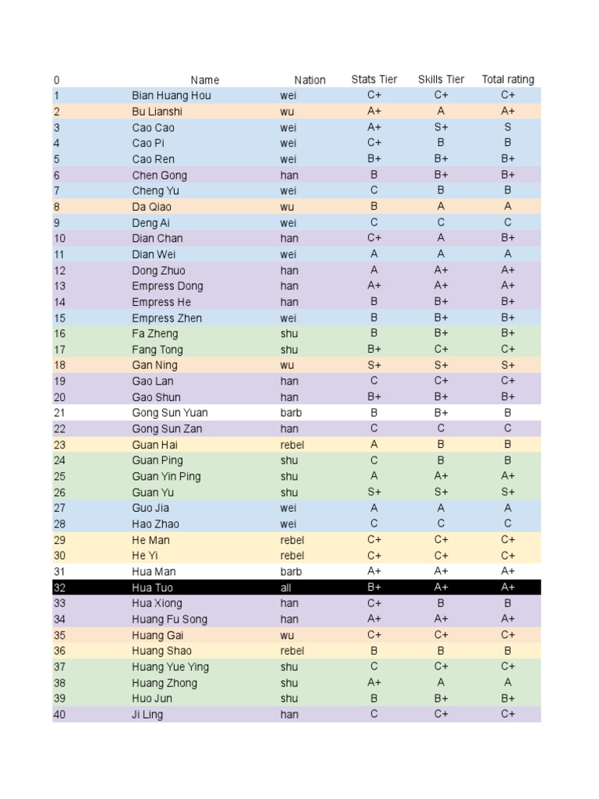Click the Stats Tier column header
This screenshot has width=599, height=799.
tap(374, 80)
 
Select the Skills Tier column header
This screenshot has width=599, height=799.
tap(441, 80)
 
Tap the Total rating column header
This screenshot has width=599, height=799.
tap(508, 80)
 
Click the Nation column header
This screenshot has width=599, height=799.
tap(310, 80)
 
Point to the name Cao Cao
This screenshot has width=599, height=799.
tap(153, 127)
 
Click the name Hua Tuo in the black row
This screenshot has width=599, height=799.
tap(153, 588)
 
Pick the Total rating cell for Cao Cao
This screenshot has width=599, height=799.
tap(508, 127)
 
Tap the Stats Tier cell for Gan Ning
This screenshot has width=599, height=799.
tap(374, 365)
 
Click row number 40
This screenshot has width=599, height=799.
tap(59, 714)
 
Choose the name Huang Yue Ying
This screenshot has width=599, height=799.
tap(170, 667)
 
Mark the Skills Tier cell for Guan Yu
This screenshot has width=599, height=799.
tap(441, 492)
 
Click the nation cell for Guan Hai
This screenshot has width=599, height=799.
tap(292, 445)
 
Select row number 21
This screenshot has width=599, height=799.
tap(59, 413)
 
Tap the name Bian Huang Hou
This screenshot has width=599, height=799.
tap(171, 95)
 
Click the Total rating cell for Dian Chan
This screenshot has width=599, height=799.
tap(508, 238)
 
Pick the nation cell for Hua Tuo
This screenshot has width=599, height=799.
tap(285, 588)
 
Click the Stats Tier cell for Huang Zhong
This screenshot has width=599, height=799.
tap(374, 683)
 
